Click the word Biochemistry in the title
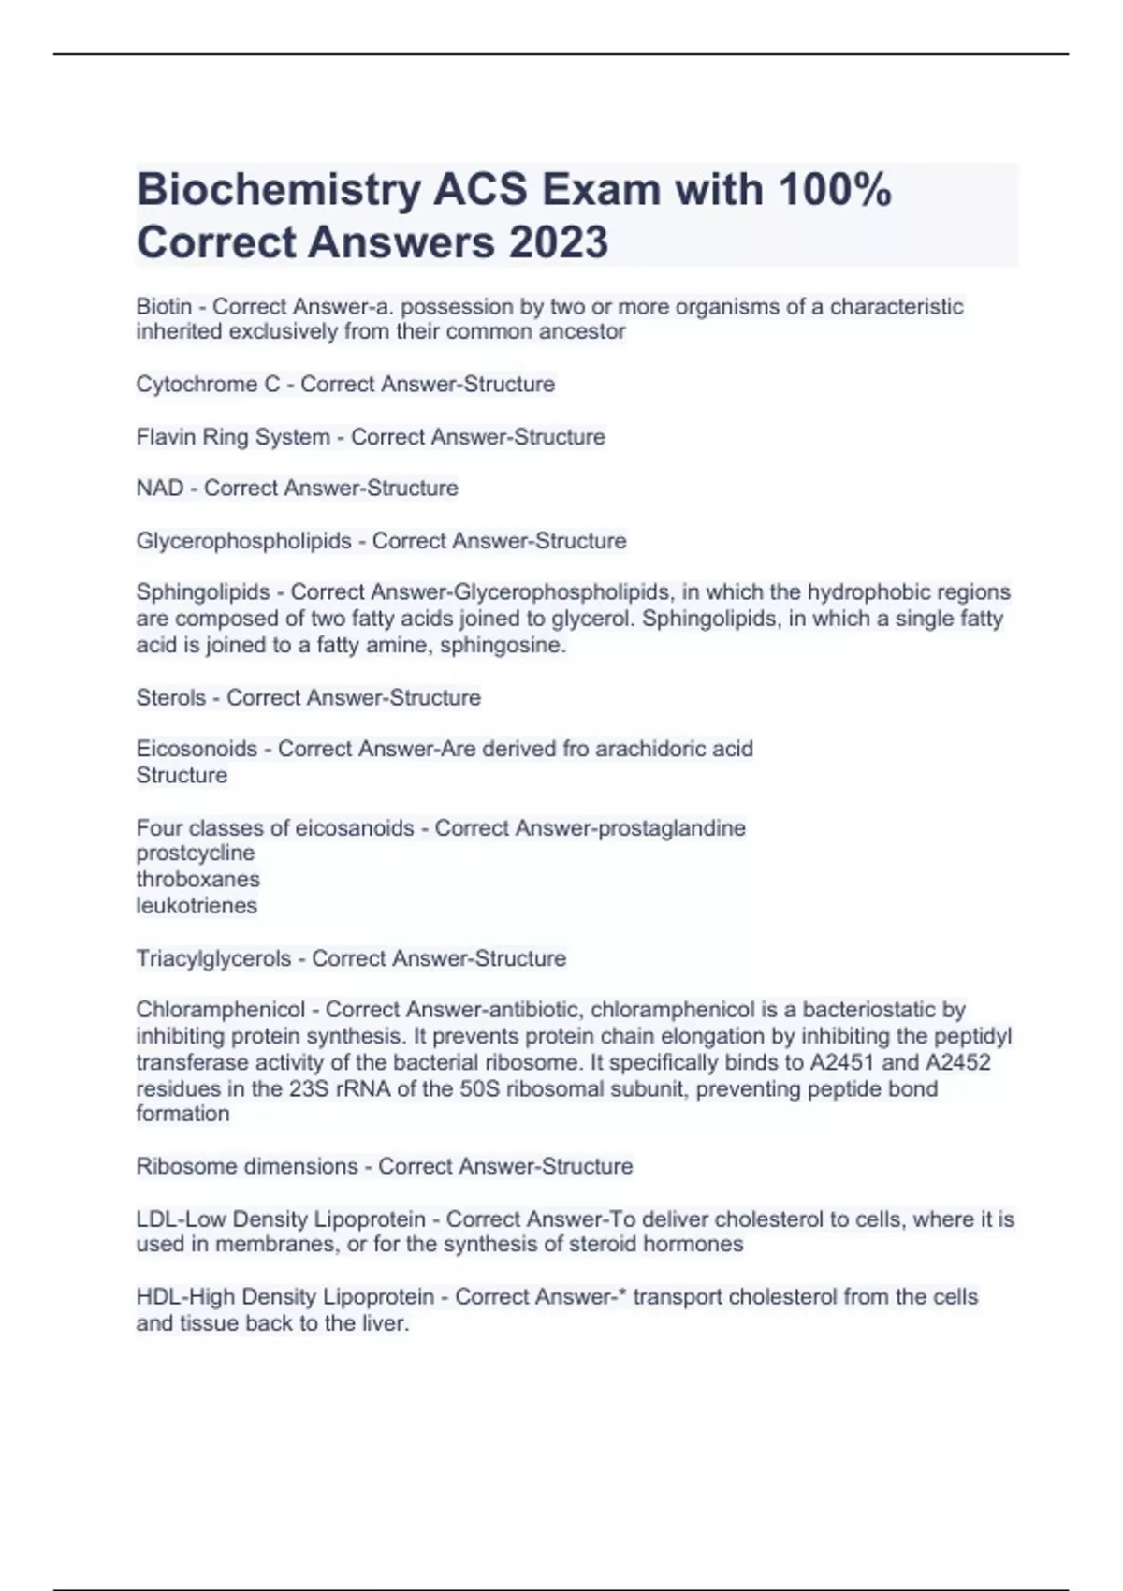coord(278,191)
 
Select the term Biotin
coord(164,307)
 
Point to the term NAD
coord(160,488)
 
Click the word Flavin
coord(167,436)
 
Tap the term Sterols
coord(170,697)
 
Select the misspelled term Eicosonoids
coord(197,749)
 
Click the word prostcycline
coord(195,853)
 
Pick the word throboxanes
coord(197,879)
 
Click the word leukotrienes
coord(197,905)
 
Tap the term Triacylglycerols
coord(213,958)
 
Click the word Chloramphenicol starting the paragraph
coord(221,1010)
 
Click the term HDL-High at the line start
coord(185,1297)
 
